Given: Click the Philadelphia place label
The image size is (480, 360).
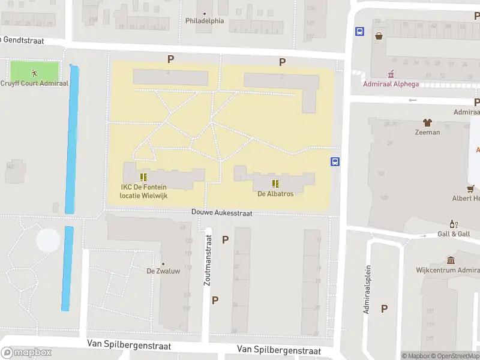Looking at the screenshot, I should [205, 20].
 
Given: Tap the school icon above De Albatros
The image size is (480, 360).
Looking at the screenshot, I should [275, 184].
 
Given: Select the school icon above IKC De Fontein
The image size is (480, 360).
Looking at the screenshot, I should [143, 177].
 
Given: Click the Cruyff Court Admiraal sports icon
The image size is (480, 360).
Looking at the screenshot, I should [35, 73].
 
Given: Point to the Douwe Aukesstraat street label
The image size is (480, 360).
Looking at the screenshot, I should [221, 213].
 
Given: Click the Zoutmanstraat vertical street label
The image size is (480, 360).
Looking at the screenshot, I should [208, 260].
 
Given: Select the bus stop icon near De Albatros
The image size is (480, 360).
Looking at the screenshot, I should [335, 161].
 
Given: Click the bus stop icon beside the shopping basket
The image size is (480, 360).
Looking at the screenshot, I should [359, 32].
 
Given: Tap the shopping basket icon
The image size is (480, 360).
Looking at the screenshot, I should [379, 36].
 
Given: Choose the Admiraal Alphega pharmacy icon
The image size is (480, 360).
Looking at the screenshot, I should [391, 74].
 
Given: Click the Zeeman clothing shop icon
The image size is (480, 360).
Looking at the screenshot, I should [427, 122].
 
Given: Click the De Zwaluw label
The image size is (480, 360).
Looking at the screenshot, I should [163, 271].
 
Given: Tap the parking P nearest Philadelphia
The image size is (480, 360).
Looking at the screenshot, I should [170, 59].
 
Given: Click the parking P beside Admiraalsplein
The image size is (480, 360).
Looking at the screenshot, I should [384, 308].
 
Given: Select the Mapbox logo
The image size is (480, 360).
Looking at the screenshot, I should [26, 352].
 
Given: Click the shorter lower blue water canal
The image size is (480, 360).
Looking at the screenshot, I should [68, 268].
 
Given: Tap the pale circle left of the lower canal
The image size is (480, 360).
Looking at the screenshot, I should [48, 241].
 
